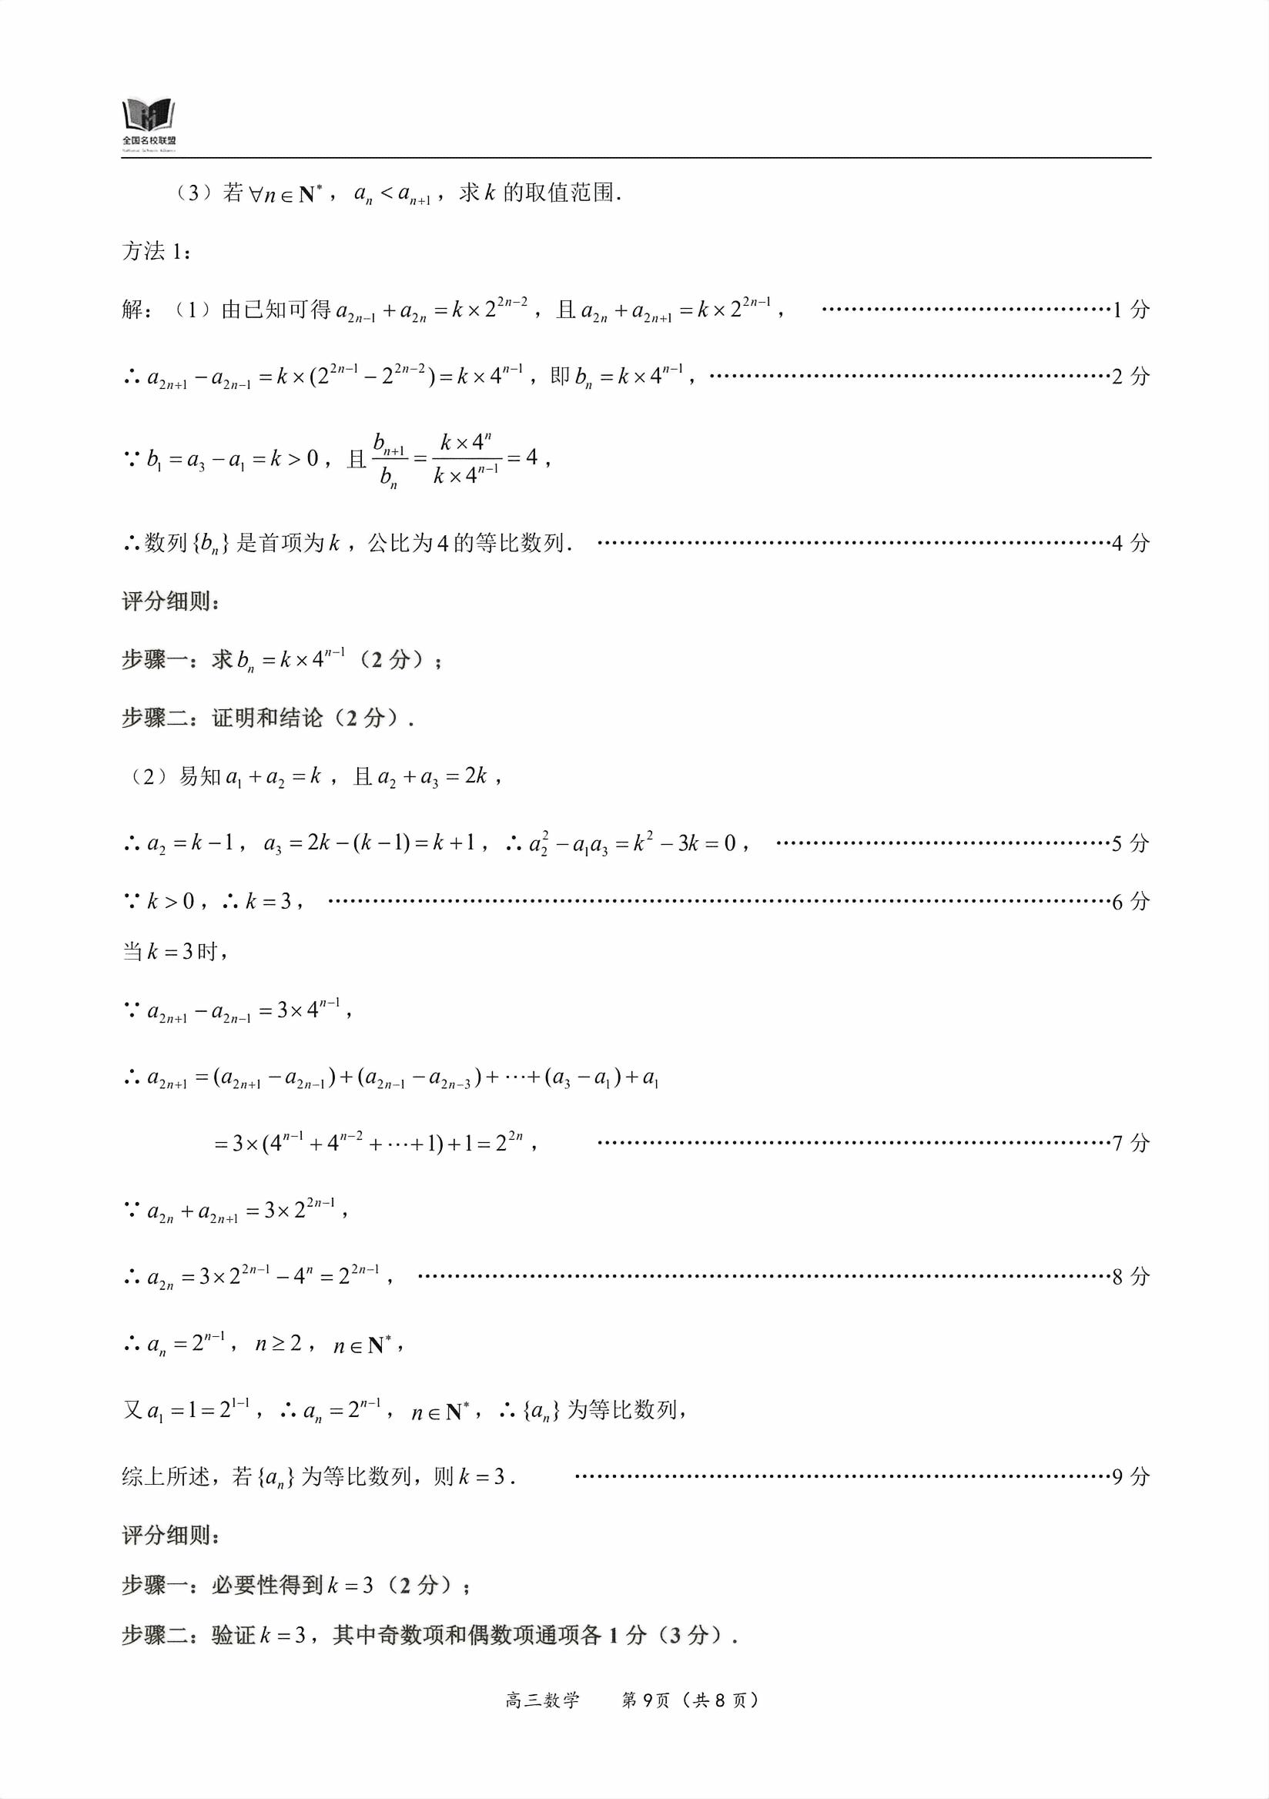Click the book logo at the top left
[149, 118]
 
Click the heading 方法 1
[155, 253]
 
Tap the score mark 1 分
[1130, 310]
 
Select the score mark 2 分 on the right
[1130, 377]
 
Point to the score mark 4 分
[1130, 543]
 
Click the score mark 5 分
[1130, 844]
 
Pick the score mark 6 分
[1130, 902]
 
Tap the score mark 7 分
[1130, 1143]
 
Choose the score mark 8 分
[1130, 1276]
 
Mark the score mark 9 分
[1130, 1477]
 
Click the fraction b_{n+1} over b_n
[390, 460]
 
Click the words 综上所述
[166, 1477]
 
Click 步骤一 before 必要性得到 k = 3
[154, 1586]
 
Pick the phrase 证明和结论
[267, 718]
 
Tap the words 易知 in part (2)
[200, 776]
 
